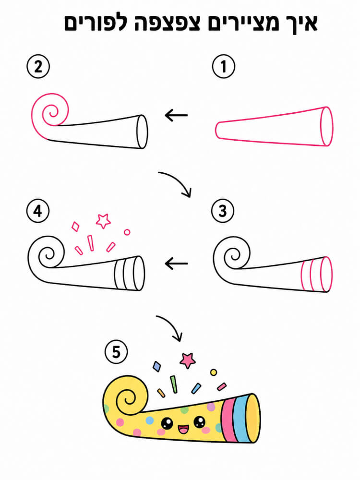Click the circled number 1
(224, 66)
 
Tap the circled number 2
(38, 66)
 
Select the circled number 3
(223, 211)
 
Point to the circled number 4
(38, 211)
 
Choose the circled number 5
(116, 352)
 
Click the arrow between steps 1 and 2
(176, 115)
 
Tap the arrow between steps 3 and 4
(176, 263)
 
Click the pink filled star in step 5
(188, 360)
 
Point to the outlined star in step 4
(103, 221)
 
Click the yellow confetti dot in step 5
(214, 372)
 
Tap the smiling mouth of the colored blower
(183, 429)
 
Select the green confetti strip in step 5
(174, 384)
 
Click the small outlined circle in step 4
(127, 232)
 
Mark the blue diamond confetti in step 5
(157, 366)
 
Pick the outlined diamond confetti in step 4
(75, 227)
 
